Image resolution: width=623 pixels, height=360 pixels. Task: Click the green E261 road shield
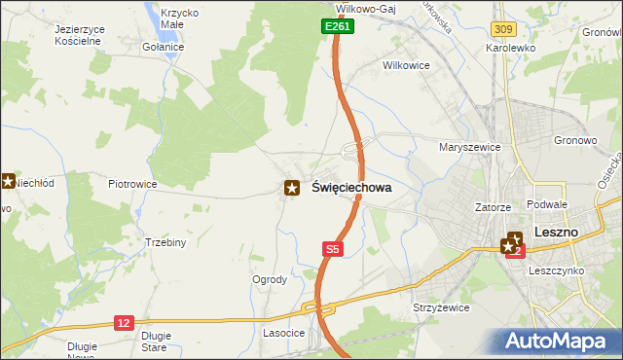(x=337, y=27)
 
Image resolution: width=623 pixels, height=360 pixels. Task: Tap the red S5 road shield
(x=332, y=250)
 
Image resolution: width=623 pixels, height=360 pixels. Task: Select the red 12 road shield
(x=123, y=322)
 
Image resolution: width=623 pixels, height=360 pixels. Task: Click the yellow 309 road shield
(x=502, y=32)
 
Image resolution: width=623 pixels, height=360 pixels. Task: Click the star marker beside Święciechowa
(x=291, y=188)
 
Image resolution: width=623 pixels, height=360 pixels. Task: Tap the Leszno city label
(x=557, y=233)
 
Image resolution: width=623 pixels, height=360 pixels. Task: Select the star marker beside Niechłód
(x=7, y=180)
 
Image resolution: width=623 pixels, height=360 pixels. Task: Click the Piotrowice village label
(x=132, y=183)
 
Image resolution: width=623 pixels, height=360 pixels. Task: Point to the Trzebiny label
(x=165, y=242)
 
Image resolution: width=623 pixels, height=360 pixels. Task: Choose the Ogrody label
(x=270, y=279)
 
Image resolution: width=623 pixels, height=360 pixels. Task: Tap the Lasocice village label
(x=283, y=333)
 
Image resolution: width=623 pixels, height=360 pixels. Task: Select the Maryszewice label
(x=469, y=147)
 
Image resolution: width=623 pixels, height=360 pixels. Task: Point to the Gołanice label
(x=163, y=46)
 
